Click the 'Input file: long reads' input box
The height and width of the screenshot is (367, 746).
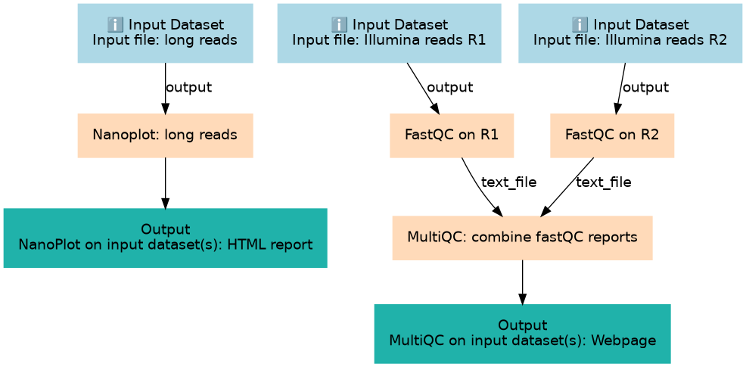point(165,33)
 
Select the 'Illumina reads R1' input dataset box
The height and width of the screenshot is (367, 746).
point(389,33)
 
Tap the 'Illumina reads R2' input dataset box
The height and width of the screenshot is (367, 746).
point(630,33)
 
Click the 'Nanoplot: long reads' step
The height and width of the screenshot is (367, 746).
point(165,135)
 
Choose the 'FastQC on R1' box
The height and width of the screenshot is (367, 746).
point(452,135)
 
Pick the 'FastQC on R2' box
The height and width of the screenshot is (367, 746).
point(612,135)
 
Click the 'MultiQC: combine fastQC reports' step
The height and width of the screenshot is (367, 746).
point(522,238)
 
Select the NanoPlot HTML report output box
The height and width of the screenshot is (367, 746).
point(165,238)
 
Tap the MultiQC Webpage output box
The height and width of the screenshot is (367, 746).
point(522,333)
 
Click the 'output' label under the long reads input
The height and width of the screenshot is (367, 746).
point(188,88)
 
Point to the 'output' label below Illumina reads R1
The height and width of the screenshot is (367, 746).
point(449,88)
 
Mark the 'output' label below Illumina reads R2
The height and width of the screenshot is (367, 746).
point(645,88)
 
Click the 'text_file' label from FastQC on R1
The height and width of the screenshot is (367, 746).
point(508,182)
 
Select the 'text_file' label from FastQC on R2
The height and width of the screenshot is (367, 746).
point(603,182)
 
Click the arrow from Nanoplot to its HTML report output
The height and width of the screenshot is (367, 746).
point(165,183)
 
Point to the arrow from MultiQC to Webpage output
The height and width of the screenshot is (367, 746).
point(522,281)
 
